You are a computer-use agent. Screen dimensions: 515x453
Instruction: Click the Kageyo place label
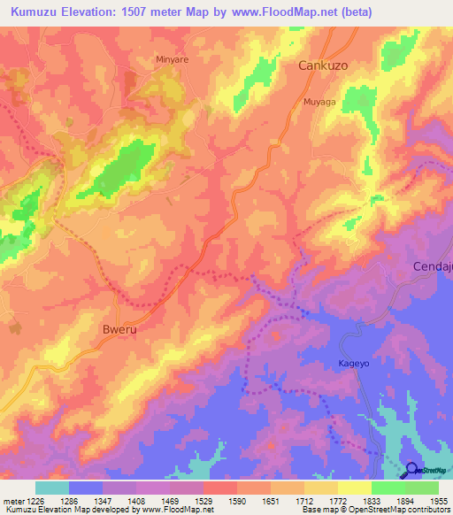tap(352, 362)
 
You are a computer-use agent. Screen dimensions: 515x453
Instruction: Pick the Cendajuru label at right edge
tap(433, 266)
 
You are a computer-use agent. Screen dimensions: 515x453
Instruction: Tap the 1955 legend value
tap(439, 500)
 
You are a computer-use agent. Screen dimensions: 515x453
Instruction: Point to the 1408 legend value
tap(135, 500)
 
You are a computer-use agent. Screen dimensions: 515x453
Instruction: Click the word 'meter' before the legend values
tap(12, 500)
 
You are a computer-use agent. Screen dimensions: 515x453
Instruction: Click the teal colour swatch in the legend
tap(51, 488)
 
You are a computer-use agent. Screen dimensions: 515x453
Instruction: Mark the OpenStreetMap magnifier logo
tap(412, 471)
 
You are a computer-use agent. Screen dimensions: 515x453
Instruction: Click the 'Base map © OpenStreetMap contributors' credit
tap(374, 510)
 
